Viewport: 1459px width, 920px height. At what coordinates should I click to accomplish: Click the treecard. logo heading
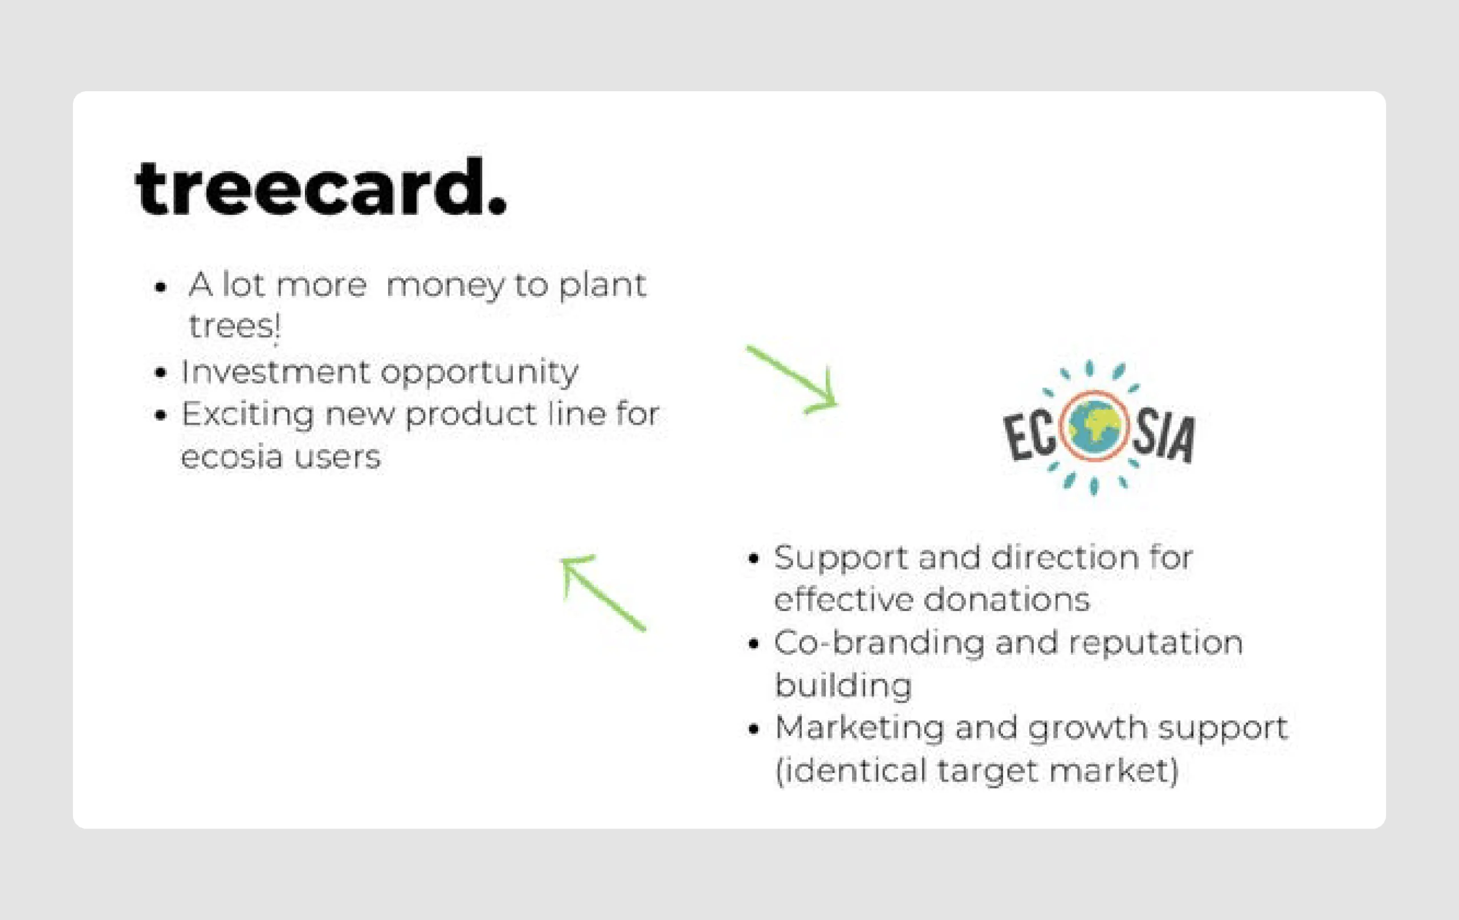[320, 188]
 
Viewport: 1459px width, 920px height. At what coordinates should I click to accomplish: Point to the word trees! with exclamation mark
[234, 327]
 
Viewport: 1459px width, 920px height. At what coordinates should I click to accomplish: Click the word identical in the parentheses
[852, 771]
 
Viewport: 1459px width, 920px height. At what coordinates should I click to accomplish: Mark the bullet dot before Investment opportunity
[161, 373]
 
